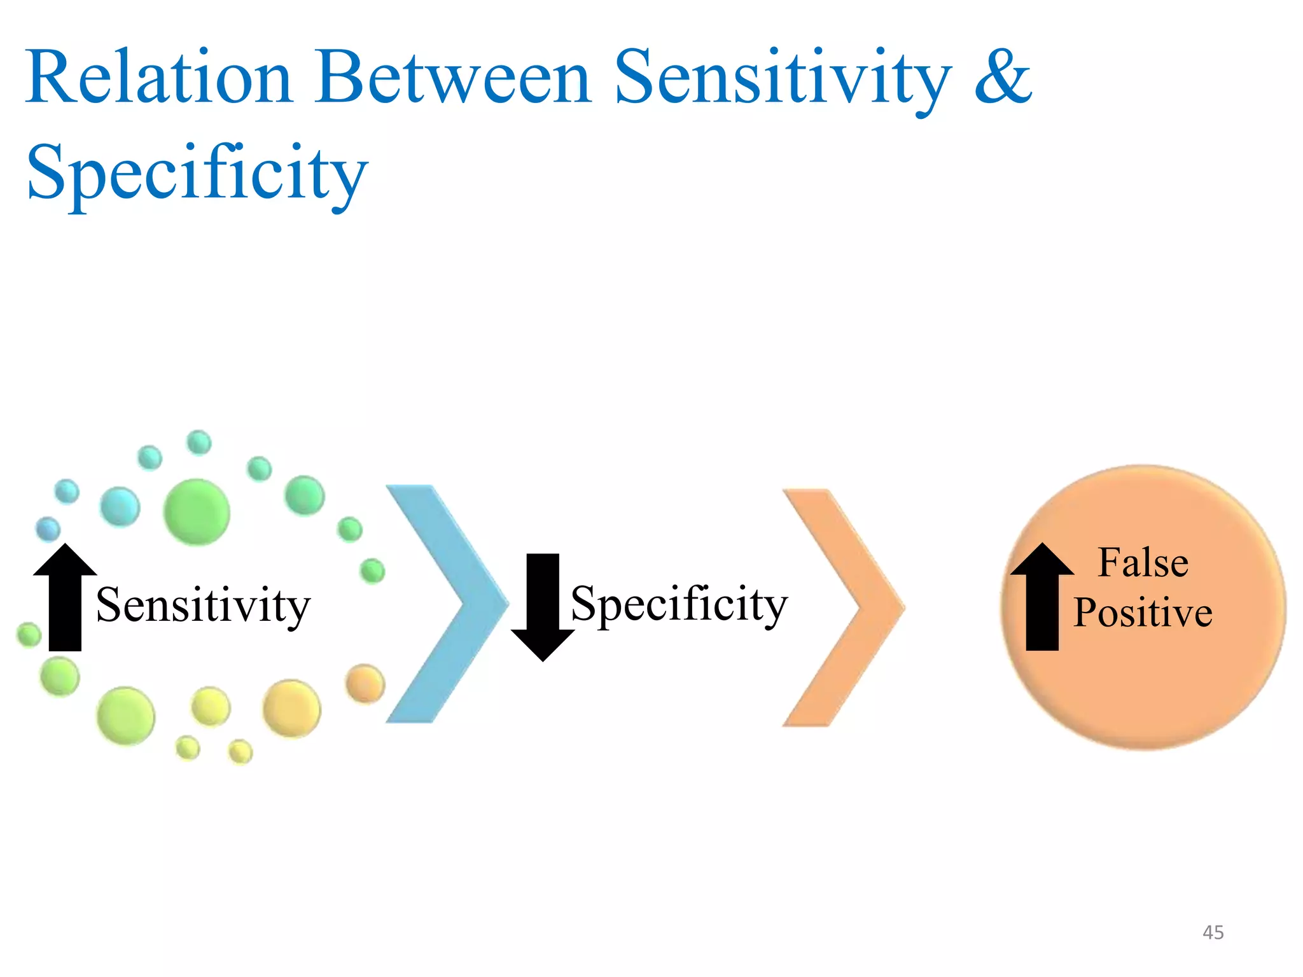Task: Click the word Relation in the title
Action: [x=159, y=78]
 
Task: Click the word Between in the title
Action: [x=453, y=78]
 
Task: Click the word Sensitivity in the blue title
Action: [x=783, y=78]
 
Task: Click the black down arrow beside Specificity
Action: [x=543, y=607]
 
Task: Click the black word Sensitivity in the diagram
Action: [x=203, y=606]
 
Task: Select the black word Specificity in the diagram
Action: [x=679, y=604]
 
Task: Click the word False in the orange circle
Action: [x=1143, y=563]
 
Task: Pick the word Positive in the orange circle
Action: [x=1143, y=613]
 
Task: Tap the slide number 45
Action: [x=1213, y=932]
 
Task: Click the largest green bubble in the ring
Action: [x=197, y=512]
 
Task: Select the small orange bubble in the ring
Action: [x=365, y=684]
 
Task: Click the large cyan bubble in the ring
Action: [x=120, y=506]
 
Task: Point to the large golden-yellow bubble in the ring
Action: [x=291, y=708]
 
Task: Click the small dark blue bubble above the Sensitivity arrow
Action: [x=48, y=529]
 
